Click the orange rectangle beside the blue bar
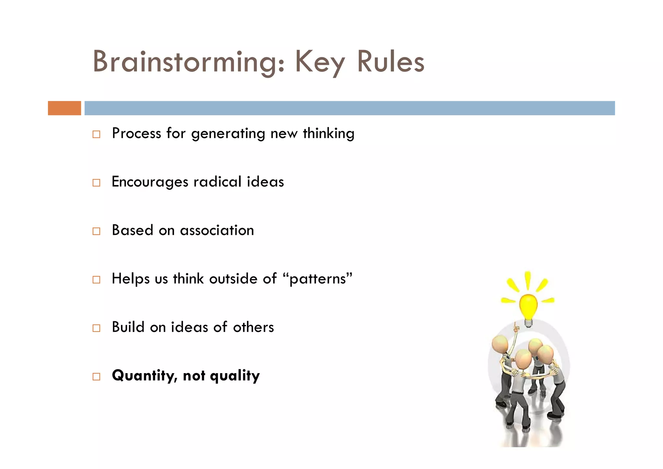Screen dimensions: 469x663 click(x=64, y=108)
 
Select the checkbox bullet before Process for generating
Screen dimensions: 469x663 click(x=96, y=134)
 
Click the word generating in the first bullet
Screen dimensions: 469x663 click(x=228, y=133)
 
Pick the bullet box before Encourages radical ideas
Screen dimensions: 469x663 click(x=96, y=183)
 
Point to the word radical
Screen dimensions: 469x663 click(x=218, y=181)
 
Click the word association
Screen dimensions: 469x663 click(x=217, y=230)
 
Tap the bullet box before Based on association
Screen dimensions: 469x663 click(x=96, y=231)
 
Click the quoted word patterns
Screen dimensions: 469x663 click(x=317, y=279)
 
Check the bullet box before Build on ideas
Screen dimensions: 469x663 click(x=96, y=328)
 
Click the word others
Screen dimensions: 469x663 click(x=253, y=327)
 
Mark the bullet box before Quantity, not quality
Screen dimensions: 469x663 click(x=96, y=376)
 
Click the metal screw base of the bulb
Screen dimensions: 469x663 click(x=528, y=323)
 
